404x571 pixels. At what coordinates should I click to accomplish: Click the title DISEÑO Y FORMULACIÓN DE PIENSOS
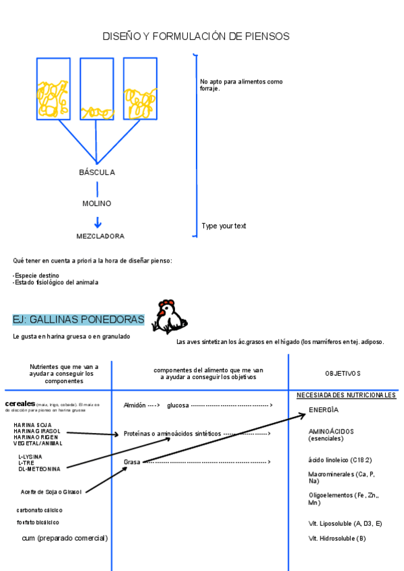(196, 36)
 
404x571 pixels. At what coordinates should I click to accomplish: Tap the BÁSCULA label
(97, 172)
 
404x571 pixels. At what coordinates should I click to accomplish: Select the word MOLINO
(97, 203)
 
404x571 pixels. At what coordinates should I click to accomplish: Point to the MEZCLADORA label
(100, 236)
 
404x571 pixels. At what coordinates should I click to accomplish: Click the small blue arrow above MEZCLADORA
(98, 222)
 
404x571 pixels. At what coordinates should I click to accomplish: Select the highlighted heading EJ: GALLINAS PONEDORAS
(78, 319)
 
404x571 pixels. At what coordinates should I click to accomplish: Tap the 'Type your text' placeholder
(224, 226)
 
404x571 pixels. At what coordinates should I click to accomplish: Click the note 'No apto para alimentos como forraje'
(240, 85)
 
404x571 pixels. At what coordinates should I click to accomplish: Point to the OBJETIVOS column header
(343, 373)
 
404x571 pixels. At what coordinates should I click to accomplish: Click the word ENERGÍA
(323, 410)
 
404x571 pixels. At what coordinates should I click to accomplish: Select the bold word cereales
(20, 403)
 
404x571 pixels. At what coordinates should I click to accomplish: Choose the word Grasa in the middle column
(132, 462)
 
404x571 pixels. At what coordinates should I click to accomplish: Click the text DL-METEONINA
(39, 469)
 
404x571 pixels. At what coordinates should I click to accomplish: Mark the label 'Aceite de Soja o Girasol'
(51, 492)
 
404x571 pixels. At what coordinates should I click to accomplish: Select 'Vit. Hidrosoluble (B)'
(337, 539)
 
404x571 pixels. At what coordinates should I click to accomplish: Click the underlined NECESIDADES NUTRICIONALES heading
(346, 395)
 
